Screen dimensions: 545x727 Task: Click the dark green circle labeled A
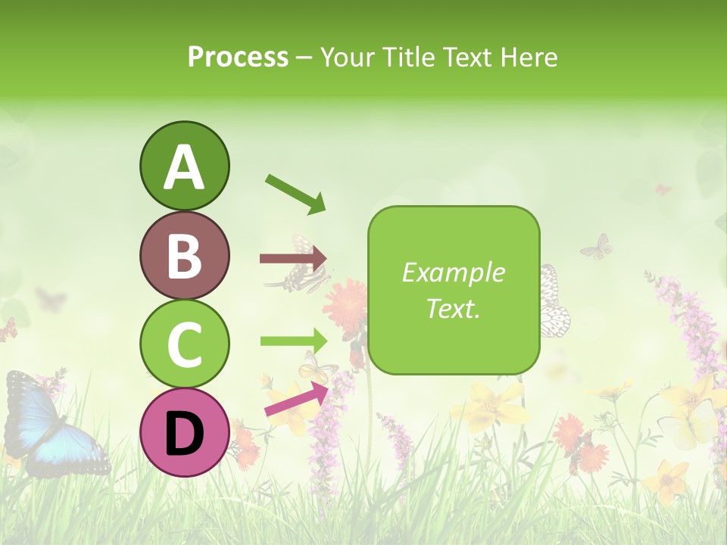coord(185,166)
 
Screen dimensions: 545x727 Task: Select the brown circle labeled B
coord(185,255)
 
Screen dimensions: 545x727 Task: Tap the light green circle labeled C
coord(185,344)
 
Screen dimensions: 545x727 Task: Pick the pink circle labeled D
coord(185,432)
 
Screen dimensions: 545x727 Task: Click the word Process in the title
coord(238,57)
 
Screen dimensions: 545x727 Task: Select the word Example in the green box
coord(454,272)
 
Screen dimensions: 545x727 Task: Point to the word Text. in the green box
coord(454,308)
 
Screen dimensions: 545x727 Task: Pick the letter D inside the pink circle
coord(185,433)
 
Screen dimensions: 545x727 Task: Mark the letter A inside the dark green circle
coord(185,167)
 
